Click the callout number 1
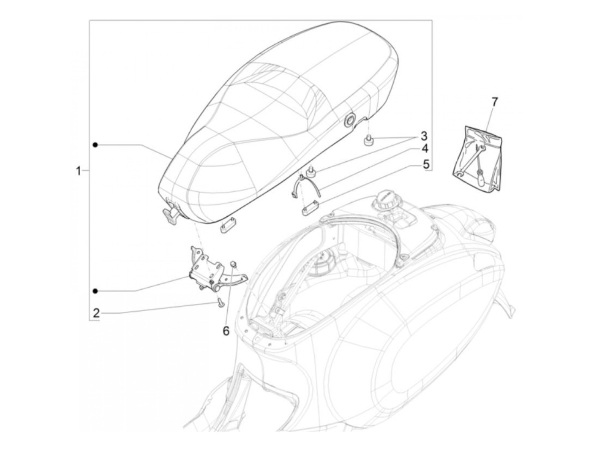click(78, 171)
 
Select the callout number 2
click(96, 313)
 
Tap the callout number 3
click(424, 136)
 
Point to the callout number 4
click(425, 149)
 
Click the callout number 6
click(226, 331)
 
